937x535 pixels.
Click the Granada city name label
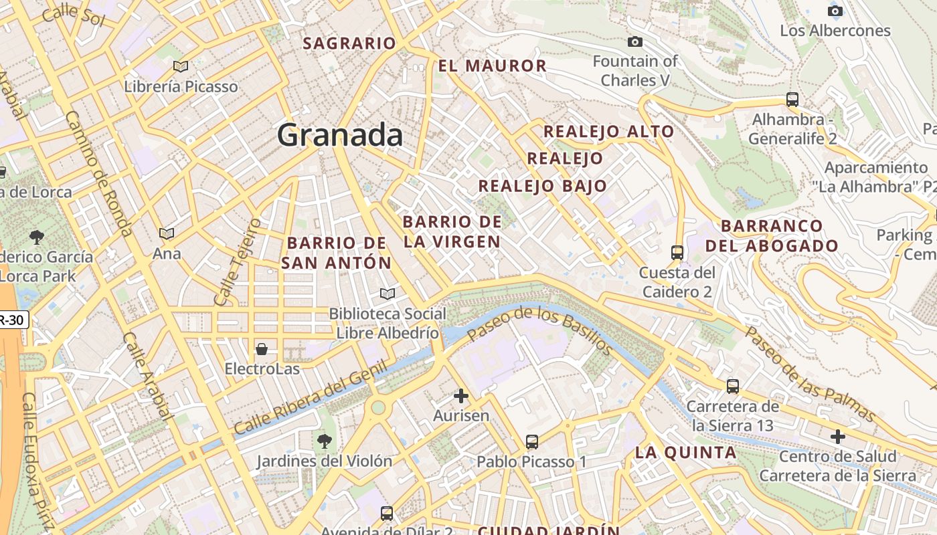click(340, 135)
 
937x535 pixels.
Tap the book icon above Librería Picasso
click(180, 66)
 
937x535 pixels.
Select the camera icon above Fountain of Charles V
click(635, 42)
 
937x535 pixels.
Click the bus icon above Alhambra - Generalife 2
click(792, 100)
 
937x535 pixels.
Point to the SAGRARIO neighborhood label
click(349, 43)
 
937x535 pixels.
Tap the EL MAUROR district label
click(493, 66)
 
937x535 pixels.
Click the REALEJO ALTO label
click(608, 131)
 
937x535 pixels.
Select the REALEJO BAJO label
click(543, 186)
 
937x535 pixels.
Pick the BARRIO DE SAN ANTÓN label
click(336, 253)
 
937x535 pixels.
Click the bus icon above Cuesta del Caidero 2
click(677, 252)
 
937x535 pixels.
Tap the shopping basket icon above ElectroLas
click(262, 349)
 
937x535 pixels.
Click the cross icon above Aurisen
click(461, 396)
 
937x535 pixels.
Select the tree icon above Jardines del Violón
click(325, 441)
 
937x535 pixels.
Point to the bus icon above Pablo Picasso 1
click(532, 441)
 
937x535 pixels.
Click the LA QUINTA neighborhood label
click(685, 453)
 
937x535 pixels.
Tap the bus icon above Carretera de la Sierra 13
click(733, 386)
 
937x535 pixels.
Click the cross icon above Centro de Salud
click(837, 437)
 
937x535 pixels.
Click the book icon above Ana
click(167, 233)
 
